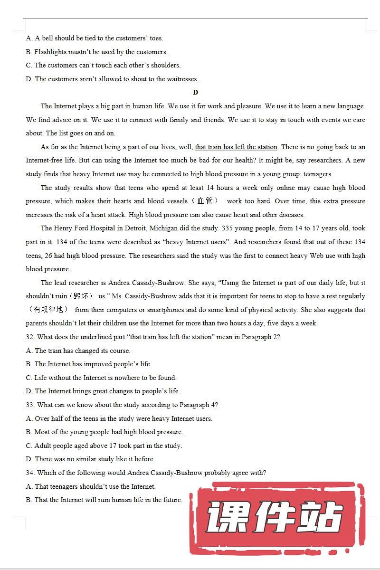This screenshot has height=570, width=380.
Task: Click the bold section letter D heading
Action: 196,93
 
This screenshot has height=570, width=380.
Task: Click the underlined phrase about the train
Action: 236,147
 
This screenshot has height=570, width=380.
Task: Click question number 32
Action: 30,337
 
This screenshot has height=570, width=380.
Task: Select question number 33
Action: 30,405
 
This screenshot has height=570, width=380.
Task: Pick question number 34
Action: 30,473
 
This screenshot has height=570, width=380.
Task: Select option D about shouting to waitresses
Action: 112,79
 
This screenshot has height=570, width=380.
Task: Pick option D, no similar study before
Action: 90,459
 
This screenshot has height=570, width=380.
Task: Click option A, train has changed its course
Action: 78,351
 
